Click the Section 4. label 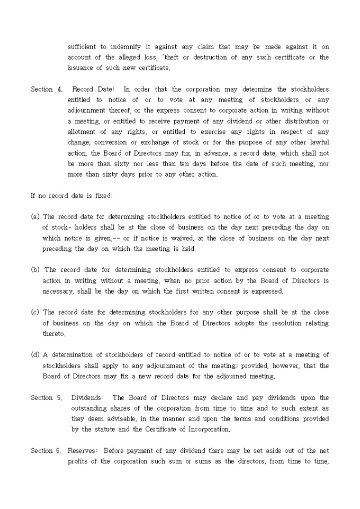(x=46, y=89)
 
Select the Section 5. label (x=46, y=398)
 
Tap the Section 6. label (x=46, y=451)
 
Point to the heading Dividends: (x=88, y=398)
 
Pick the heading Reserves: (x=83, y=451)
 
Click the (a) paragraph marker (x=35, y=217)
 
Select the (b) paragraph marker (x=35, y=270)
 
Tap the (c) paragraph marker (x=35, y=313)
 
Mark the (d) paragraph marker (x=35, y=355)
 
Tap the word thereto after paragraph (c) (x=55, y=334)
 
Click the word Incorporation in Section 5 (x=206, y=430)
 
